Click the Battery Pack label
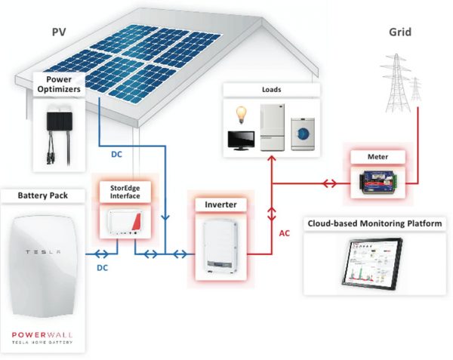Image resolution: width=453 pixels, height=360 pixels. point(43,196)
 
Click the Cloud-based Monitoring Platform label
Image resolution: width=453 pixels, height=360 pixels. point(374,223)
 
